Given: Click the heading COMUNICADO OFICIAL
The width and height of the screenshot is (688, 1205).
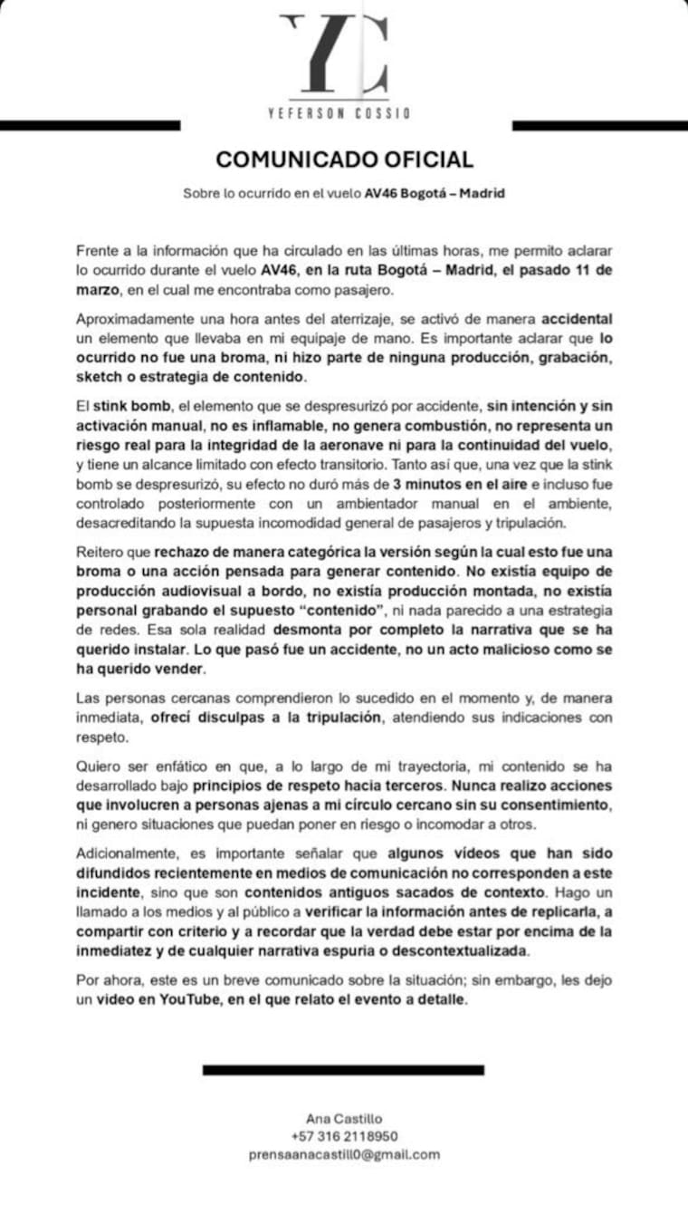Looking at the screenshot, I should pos(344,159).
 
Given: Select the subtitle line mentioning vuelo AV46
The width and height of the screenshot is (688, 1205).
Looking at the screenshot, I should pos(344,193).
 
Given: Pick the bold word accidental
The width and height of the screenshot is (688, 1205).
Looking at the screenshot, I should pos(577,320).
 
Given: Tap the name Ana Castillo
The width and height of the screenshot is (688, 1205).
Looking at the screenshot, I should pos(344,1120).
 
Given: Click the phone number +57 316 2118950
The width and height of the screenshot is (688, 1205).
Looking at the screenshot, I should pos(344,1136).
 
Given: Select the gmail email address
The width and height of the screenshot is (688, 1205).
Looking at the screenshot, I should pos(344,1154).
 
